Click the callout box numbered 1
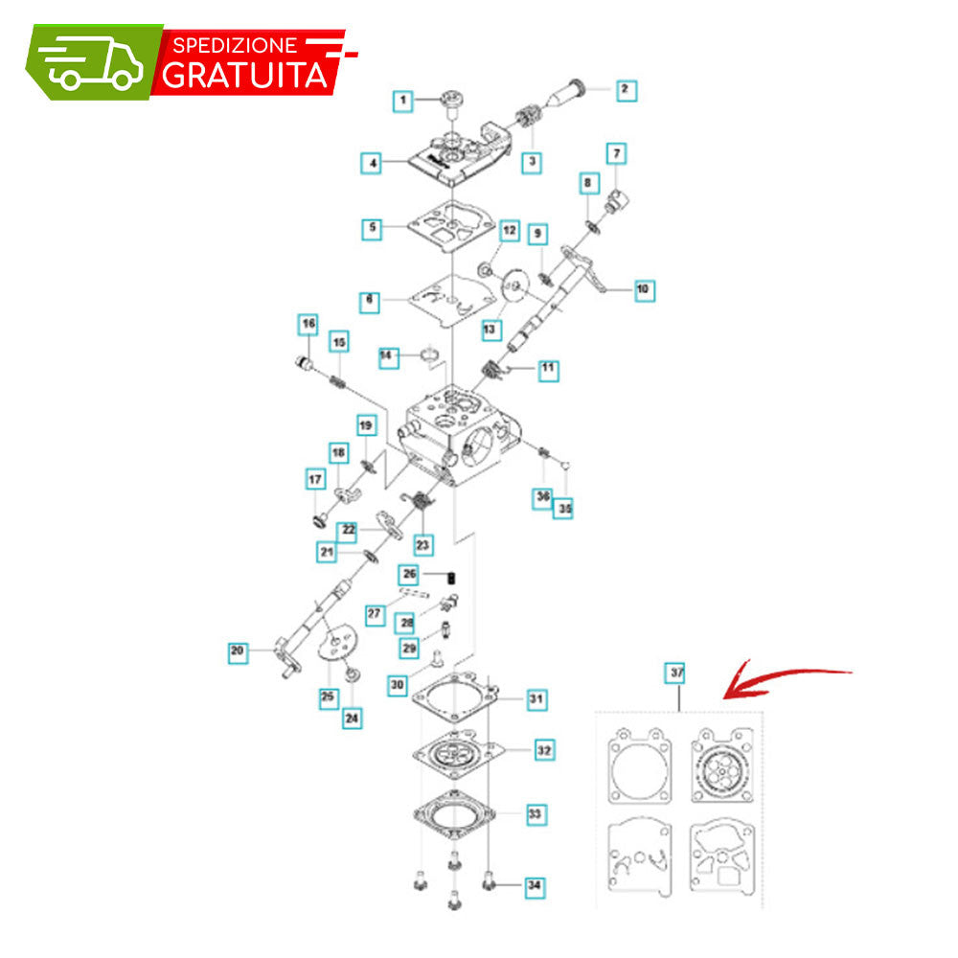click(402, 101)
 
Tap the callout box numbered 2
click(626, 90)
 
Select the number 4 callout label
click(372, 163)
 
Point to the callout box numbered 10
click(644, 289)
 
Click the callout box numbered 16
click(308, 324)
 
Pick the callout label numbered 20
click(238, 651)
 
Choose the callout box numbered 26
click(409, 574)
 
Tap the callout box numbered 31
click(536, 699)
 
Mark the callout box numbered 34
click(535, 885)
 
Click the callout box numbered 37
click(675, 673)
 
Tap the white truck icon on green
click(93, 62)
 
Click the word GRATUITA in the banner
click(244, 76)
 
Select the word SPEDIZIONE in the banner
click(236, 45)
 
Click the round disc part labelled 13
click(514, 285)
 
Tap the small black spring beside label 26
click(452, 577)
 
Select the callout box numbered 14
click(387, 356)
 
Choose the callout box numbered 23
click(422, 544)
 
